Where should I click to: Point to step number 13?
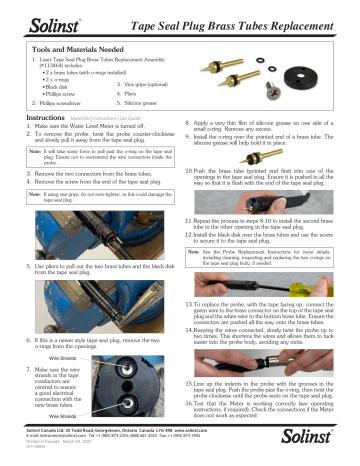point(186,330)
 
